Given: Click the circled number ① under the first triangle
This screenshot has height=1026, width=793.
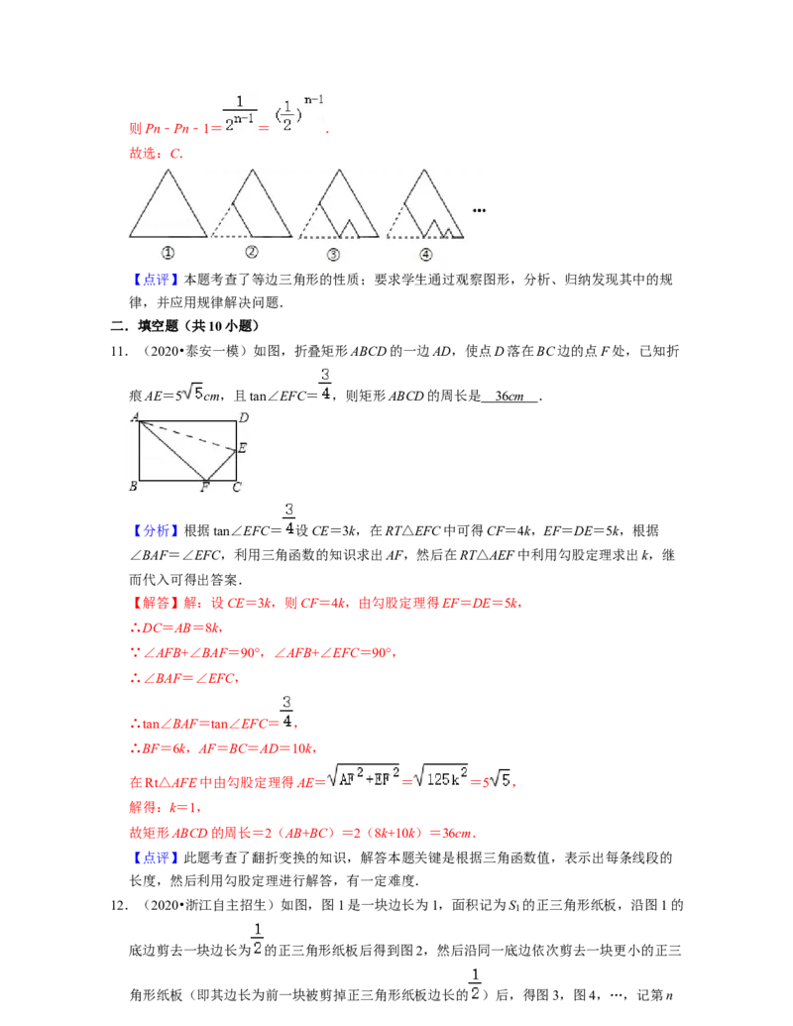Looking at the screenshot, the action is tap(169, 252).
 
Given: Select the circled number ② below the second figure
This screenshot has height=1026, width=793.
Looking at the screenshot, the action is tap(252, 252).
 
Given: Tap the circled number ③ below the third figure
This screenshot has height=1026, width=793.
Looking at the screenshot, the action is tap(333, 254).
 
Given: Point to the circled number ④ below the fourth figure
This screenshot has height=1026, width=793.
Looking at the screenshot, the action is tap(425, 254).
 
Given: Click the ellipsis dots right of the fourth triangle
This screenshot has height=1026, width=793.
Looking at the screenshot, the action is tap(481, 209).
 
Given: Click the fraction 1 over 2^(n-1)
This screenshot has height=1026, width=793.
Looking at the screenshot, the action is tap(240, 111).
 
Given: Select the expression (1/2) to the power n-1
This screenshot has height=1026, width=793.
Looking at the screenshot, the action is tap(297, 111).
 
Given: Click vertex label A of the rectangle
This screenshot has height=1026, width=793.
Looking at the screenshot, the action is tap(134, 415).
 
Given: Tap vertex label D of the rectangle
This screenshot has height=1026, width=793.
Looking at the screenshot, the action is tap(244, 417).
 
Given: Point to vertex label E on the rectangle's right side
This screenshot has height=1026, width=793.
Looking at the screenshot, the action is tap(242, 448).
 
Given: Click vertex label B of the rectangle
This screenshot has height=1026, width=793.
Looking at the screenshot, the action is tap(133, 487).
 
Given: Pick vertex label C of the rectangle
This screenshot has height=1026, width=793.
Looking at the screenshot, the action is tap(236, 487).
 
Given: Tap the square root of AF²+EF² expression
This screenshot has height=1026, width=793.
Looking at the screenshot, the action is tap(364, 776).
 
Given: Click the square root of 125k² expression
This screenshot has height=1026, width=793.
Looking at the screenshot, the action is tap(443, 776).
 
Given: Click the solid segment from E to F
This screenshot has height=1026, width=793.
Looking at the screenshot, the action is tap(222, 465).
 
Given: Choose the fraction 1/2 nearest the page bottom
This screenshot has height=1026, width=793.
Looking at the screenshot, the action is tap(475, 982).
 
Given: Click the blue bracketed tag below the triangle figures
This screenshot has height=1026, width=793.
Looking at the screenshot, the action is tap(158, 282).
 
